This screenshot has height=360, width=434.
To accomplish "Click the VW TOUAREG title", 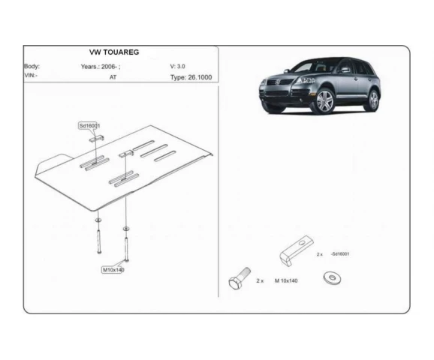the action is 114,52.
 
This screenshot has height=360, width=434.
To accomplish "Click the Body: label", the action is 32,66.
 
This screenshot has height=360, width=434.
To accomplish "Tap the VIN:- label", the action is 31,75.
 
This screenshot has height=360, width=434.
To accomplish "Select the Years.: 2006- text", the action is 100,67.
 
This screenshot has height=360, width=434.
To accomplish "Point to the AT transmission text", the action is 113,77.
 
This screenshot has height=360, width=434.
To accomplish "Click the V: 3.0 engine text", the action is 177,66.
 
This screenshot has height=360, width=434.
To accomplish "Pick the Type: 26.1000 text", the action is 191,77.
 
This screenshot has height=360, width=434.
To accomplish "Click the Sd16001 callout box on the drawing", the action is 89,126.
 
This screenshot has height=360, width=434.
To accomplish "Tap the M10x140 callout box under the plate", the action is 113,270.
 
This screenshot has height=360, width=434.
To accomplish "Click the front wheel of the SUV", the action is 324,101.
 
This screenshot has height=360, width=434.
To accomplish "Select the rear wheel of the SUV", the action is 373,100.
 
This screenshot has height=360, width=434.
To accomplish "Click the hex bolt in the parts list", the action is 239,279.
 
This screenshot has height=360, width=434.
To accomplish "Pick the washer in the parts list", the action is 332,278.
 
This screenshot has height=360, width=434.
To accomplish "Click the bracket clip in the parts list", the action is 296,250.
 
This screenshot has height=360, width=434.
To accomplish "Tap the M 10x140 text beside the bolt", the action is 286,280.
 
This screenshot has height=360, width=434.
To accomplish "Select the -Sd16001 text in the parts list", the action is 340,253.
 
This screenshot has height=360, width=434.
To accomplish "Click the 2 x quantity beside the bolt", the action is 260,280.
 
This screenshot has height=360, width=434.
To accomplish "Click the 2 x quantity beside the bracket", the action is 320,254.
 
